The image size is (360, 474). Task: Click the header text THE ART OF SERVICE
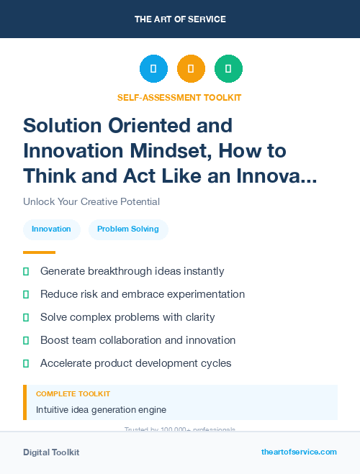(x=179, y=19)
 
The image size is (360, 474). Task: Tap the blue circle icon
(x=153, y=68)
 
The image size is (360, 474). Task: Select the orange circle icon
(x=191, y=68)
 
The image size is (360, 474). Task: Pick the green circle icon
(x=228, y=68)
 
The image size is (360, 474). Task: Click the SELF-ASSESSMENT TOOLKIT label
(x=179, y=97)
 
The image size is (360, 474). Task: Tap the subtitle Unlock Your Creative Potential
(x=91, y=201)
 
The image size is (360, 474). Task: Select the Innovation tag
(x=51, y=229)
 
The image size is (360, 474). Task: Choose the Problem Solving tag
(x=128, y=229)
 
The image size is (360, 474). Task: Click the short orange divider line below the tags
(x=39, y=252)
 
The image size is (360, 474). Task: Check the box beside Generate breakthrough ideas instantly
(x=26, y=271)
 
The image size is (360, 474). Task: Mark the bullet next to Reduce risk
(x=26, y=294)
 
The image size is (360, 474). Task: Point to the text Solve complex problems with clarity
(x=127, y=317)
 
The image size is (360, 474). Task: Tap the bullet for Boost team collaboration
(x=26, y=340)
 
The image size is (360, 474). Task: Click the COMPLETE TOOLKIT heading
(x=73, y=394)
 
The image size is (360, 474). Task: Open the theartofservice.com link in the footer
(x=299, y=452)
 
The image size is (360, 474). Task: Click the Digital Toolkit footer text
(x=51, y=452)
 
